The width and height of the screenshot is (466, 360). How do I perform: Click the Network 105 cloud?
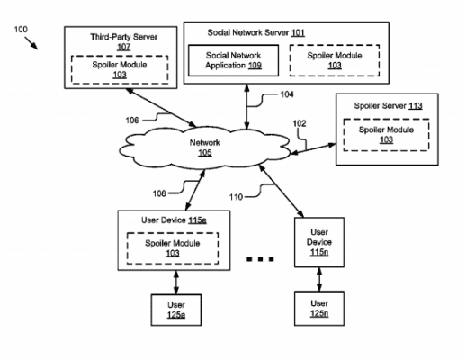point(205,148)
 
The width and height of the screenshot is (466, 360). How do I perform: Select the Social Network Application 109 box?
point(233,60)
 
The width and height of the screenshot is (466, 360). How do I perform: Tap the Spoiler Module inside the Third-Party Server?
point(120,69)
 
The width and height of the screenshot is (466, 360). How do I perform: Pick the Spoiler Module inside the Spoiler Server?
point(386,135)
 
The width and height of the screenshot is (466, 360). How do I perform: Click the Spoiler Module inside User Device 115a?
point(173,248)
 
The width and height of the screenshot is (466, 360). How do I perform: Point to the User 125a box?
point(176,310)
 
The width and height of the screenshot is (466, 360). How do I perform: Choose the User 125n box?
point(319,309)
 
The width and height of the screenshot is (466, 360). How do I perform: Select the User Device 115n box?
point(319,242)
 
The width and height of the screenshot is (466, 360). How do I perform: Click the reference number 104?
point(287,94)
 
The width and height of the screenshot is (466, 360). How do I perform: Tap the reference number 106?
point(132,121)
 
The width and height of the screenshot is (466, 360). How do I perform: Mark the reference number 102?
point(300,123)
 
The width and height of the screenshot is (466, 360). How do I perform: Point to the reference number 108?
point(159,193)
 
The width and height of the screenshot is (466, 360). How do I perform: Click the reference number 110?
point(236,197)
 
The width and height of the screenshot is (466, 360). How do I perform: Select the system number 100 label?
point(21,30)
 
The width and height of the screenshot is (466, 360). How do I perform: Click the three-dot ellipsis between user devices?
point(260,259)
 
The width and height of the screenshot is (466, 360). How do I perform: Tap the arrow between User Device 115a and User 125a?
point(176,283)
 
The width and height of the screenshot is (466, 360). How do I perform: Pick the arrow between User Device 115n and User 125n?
point(319,279)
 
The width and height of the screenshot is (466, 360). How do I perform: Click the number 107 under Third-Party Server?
point(123,47)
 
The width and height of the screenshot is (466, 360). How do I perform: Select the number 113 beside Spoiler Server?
point(416,106)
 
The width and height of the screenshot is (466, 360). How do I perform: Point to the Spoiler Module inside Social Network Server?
point(335,60)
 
